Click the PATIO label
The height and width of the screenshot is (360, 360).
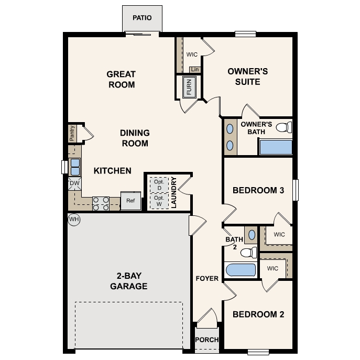point(141,18)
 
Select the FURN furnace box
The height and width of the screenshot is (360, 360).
point(189,87)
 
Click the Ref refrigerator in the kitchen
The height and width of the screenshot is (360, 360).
point(130,201)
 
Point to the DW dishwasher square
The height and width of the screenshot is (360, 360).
point(74,183)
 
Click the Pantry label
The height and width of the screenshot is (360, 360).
point(72,133)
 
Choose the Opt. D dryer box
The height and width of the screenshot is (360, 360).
point(158,184)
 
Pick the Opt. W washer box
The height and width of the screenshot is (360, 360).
point(158,201)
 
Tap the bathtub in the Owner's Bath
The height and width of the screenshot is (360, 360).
point(276,147)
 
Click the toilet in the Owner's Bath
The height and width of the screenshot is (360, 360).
point(283,127)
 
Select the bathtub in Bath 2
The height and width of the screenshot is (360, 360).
point(240,270)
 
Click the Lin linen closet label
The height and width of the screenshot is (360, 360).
point(195,69)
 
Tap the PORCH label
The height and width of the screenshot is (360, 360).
point(207,340)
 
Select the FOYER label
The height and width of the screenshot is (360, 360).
point(207,278)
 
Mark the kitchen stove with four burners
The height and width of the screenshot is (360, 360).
point(101,203)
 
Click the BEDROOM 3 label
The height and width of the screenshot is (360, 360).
point(258,190)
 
